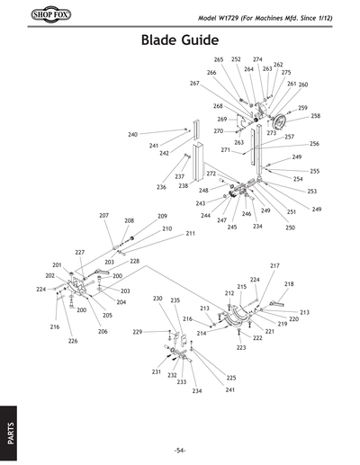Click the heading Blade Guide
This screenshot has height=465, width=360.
(180, 41)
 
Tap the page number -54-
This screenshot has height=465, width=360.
(180, 450)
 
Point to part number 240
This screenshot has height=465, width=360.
(132, 134)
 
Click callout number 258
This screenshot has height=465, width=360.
(315, 116)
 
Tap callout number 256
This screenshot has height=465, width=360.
(314, 144)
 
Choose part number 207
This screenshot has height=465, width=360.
(103, 216)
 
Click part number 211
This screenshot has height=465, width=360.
(190, 234)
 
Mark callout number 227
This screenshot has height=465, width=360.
(79, 253)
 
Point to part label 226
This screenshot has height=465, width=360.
(73, 342)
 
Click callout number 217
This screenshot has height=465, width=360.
(274, 265)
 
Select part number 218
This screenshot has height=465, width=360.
(289, 284)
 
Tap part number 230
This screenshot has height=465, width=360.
(157, 298)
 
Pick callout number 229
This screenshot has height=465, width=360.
(138, 332)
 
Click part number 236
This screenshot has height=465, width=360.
(161, 187)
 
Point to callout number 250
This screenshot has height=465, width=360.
(290, 228)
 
